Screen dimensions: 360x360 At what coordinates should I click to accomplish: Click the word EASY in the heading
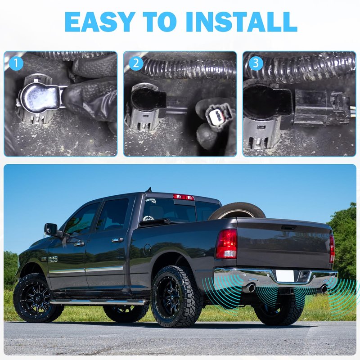coord(99,21)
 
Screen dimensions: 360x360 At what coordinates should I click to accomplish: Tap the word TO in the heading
coord(160,21)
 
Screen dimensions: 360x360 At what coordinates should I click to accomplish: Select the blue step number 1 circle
coord(16,63)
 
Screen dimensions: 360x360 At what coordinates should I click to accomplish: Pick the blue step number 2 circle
coord(136,63)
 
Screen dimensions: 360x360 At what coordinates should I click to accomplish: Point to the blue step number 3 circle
coord(256,63)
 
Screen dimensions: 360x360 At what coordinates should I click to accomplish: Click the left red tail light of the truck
coord(226,244)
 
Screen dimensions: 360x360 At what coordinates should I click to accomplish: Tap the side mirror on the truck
coord(51,230)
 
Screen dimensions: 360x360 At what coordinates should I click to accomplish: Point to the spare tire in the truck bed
coord(237,210)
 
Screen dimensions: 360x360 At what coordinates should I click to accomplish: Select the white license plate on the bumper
coord(285,275)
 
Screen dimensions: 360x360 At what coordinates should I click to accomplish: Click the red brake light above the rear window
coord(183,197)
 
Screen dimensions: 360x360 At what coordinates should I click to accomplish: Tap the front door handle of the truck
coord(80,244)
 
